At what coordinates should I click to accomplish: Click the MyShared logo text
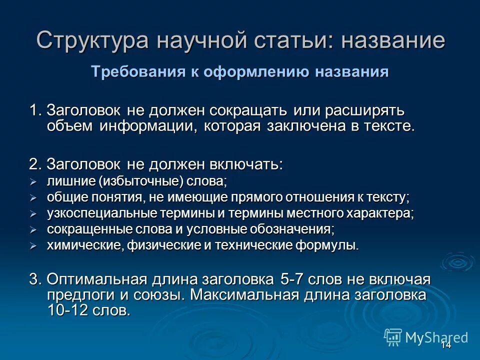[x=437, y=337]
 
